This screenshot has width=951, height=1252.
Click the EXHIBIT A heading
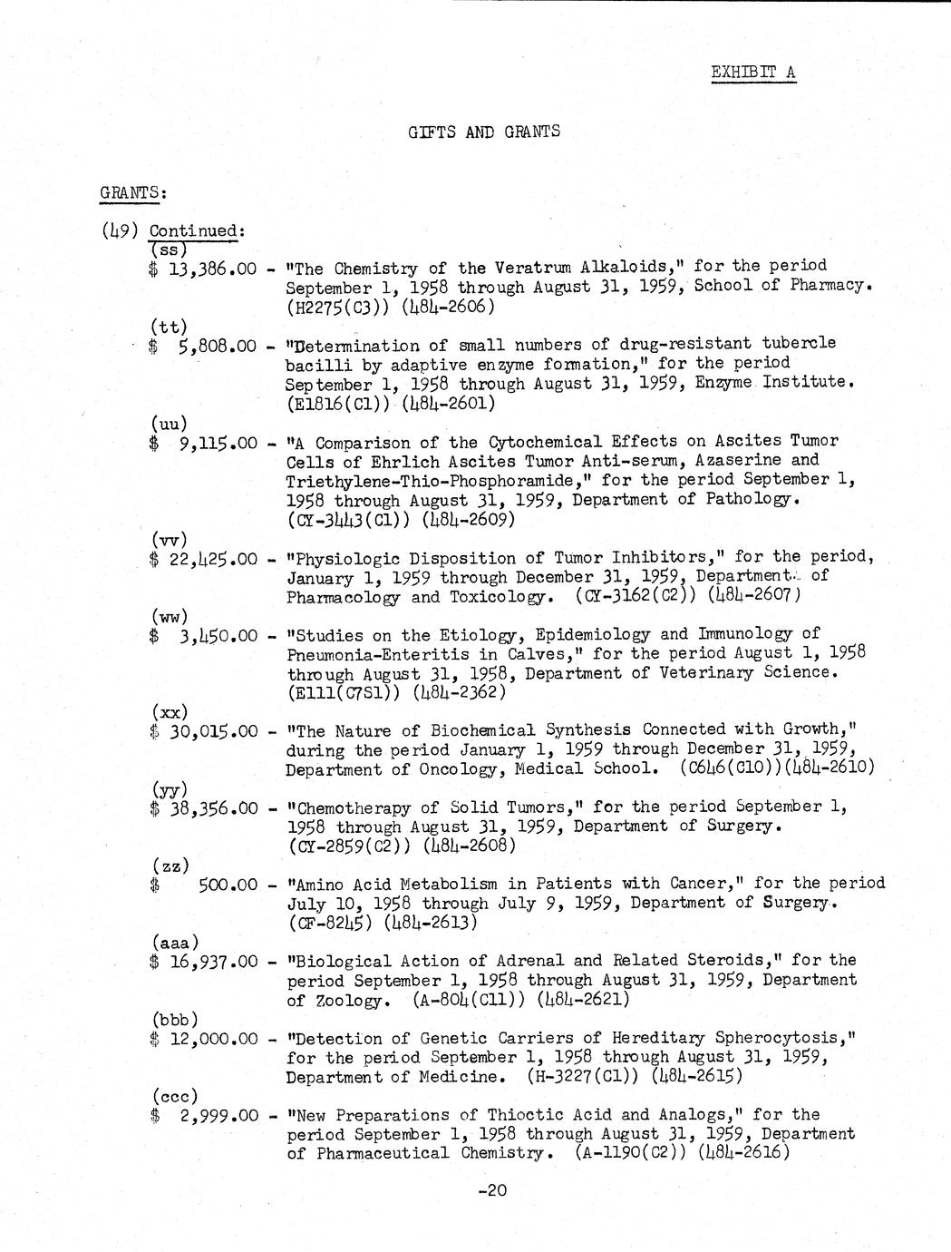click(x=753, y=72)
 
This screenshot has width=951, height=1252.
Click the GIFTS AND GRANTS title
click(x=484, y=132)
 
